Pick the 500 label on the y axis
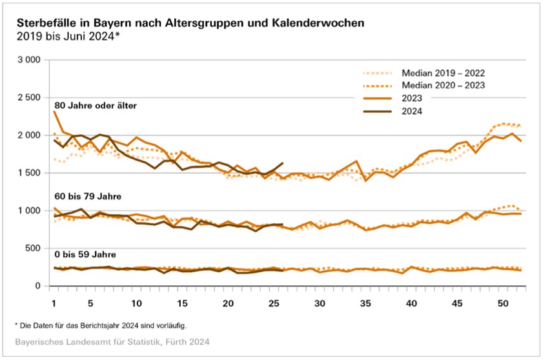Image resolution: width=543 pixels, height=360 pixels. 34,248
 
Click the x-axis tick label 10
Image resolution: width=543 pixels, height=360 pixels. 137,303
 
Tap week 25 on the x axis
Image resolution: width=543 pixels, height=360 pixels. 274,303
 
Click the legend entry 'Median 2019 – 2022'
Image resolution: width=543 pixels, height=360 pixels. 443,73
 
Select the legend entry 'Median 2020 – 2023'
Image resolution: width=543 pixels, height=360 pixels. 443,86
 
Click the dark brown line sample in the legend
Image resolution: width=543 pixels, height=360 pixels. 378,112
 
